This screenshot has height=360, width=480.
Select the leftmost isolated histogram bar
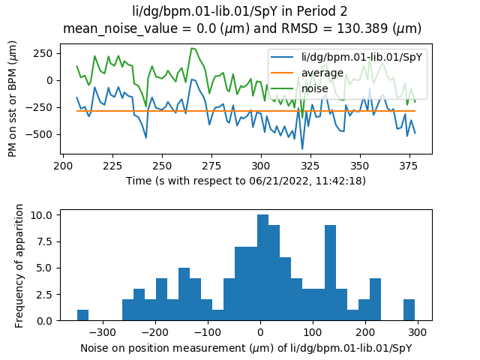(x=82, y=315)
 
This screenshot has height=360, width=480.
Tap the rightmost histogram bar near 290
(x=409, y=310)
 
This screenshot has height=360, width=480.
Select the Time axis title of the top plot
(x=246, y=181)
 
